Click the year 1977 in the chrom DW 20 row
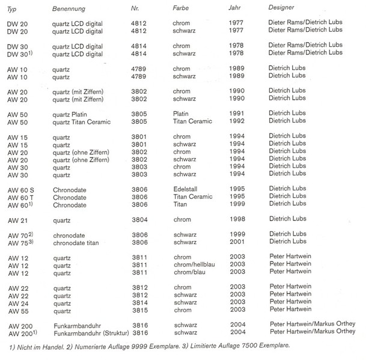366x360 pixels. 236,23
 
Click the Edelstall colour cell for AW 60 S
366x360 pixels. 186,189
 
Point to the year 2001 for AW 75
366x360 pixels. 236,243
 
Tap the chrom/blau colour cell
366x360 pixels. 189,273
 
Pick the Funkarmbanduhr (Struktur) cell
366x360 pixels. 90,332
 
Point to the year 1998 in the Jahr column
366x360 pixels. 236,220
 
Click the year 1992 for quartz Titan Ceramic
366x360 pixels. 236,121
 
